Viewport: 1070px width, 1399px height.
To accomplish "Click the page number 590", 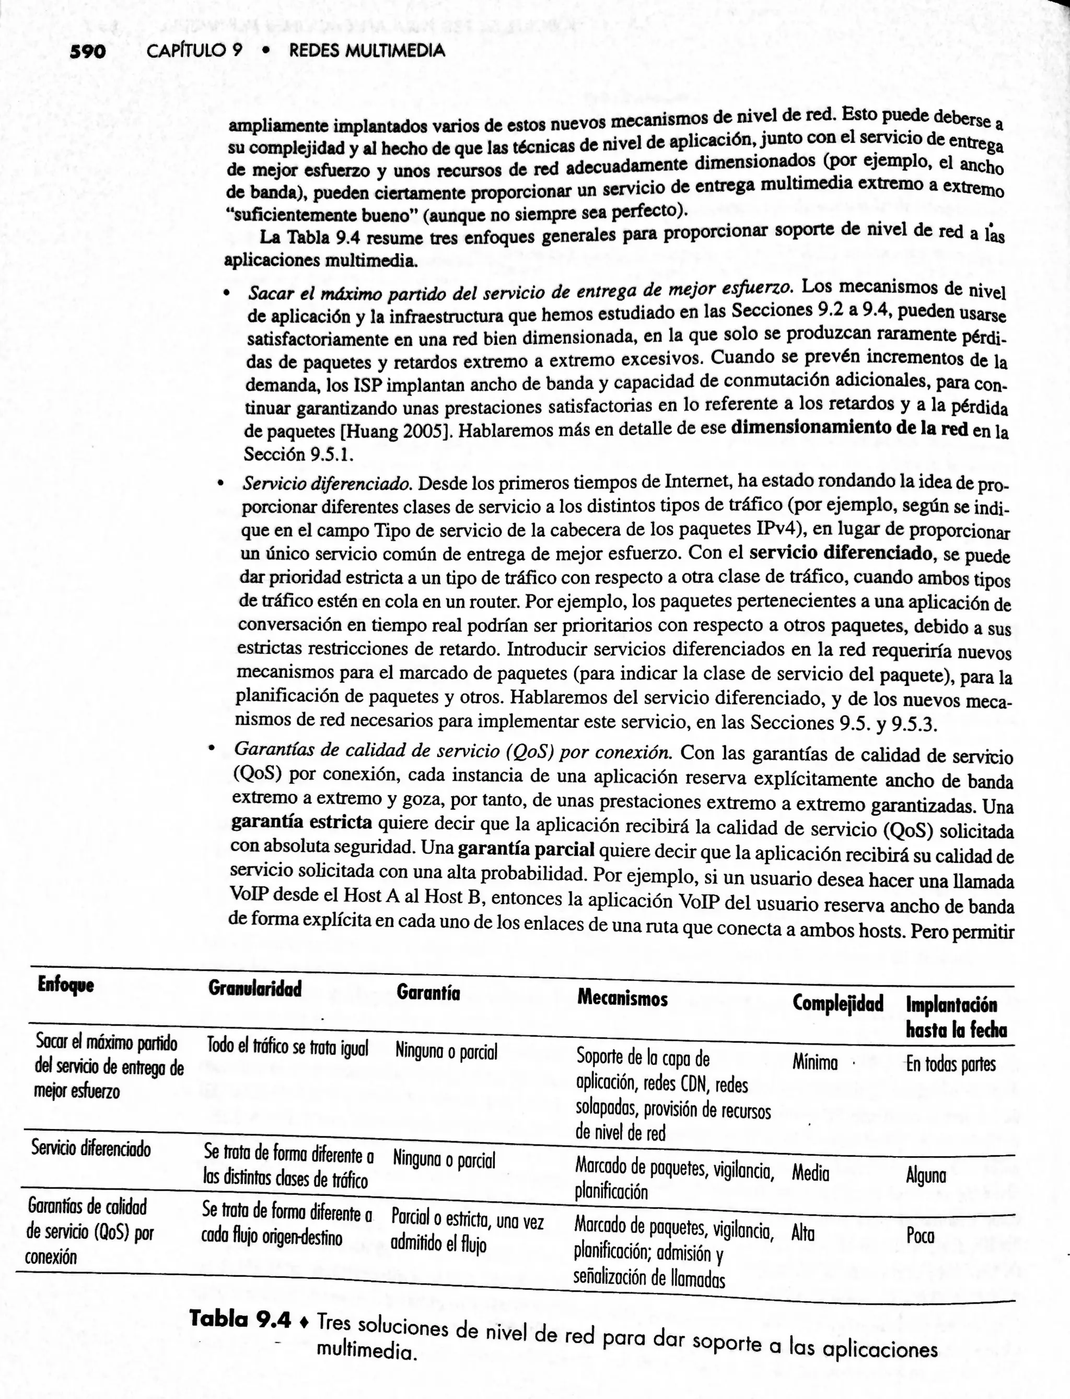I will pos(88,52).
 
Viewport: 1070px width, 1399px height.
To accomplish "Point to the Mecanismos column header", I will pos(622,998).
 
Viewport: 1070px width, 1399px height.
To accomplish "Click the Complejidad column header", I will pos(838,1004).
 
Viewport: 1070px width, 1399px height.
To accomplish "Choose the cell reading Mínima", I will pos(815,1062).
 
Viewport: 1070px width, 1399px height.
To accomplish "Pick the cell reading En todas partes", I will pos(950,1064).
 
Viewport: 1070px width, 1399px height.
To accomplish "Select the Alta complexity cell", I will pos(802,1233).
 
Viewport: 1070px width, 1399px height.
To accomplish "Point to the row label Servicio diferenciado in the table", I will pos(91,1148).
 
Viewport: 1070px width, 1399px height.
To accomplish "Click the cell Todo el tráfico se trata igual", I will pos(287,1045).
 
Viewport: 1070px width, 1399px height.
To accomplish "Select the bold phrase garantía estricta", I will pos(301,822).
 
